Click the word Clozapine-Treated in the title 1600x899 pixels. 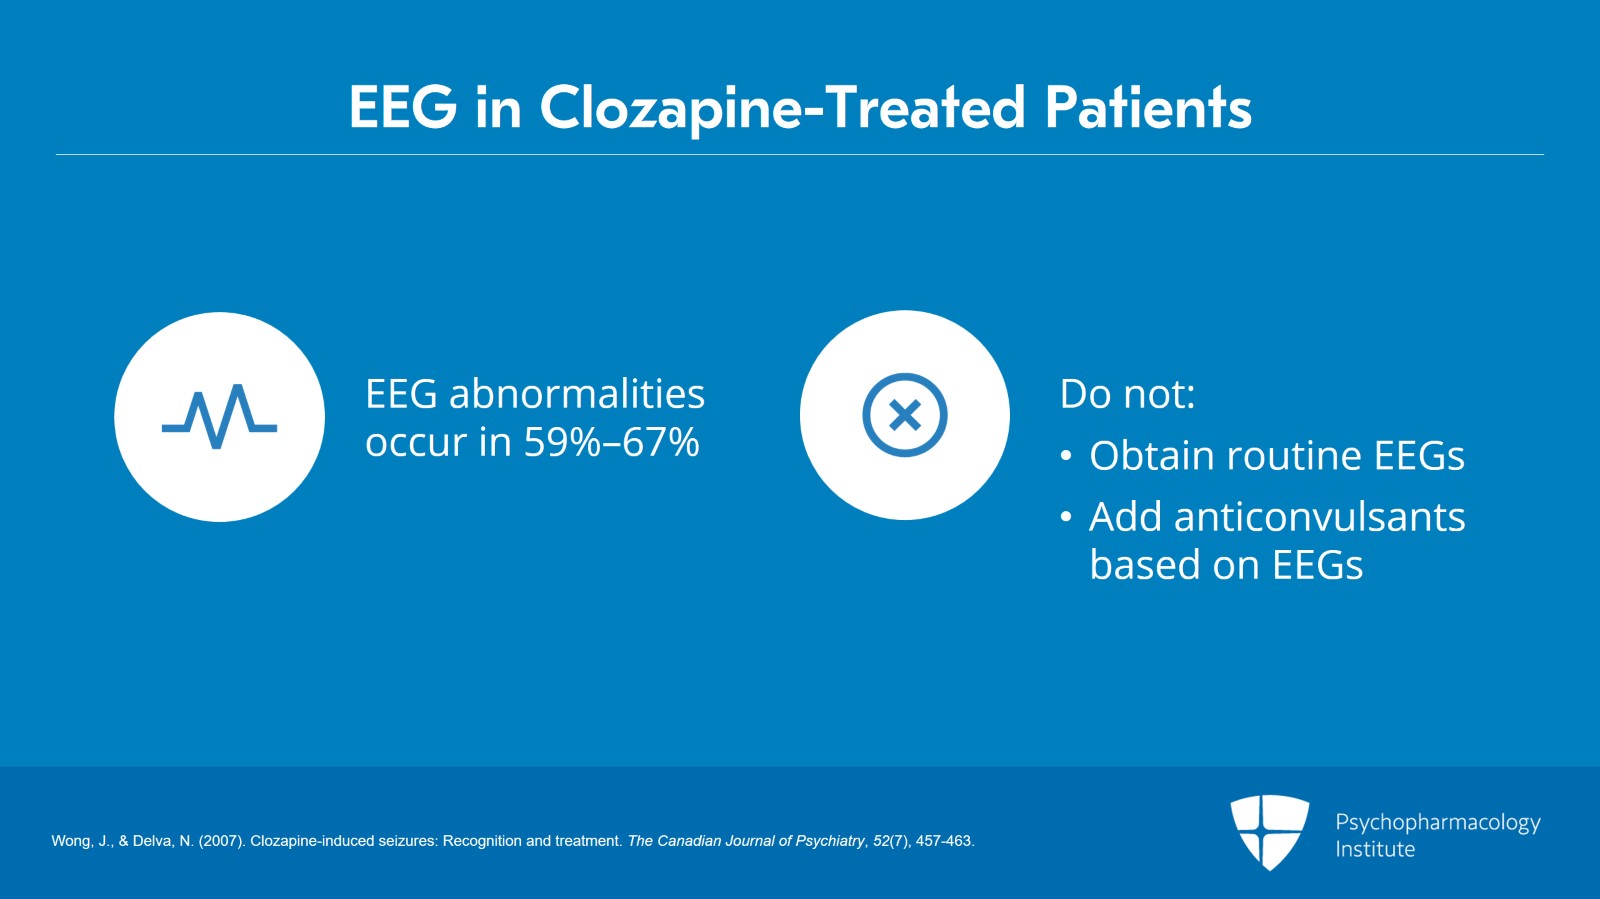click(x=782, y=109)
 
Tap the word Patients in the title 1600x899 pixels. click(x=1149, y=107)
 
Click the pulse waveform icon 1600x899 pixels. click(x=219, y=417)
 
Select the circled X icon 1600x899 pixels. click(x=904, y=415)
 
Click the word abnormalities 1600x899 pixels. click(x=576, y=393)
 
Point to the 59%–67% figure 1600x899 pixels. click(x=611, y=442)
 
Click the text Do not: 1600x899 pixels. click(x=1127, y=393)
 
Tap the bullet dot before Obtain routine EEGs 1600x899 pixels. click(x=1066, y=456)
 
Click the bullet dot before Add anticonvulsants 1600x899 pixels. click(x=1066, y=517)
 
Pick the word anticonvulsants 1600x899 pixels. click(x=1320, y=517)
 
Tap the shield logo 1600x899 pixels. click(x=1269, y=832)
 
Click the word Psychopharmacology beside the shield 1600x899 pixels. click(x=1438, y=823)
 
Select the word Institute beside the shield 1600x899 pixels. click(x=1375, y=849)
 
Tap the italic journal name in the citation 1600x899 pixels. click(x=746, y=841)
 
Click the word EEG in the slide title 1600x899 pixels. click(x=403, y=107)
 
